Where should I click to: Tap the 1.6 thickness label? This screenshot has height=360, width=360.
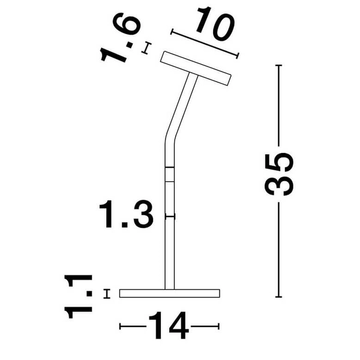[120, 40]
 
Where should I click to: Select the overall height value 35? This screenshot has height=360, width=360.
[280, 175]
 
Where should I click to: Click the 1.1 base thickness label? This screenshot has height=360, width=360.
[80, 295]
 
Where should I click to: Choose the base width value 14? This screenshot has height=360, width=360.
[169, 327]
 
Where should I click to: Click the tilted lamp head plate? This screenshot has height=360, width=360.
[196, 68]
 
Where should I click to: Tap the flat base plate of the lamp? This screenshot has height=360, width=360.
[170, 293]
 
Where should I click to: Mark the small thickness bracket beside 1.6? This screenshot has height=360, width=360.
[145, 47]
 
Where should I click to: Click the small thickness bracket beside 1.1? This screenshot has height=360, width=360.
[107, 293]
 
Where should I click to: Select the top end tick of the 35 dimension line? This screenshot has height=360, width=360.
[279, 64]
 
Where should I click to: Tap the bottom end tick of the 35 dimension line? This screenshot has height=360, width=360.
[279, 297]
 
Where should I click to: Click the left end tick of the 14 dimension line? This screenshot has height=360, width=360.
[121, 327]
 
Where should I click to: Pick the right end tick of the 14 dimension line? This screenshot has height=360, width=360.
[219, 327]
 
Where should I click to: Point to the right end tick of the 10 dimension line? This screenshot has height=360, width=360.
[238, 56]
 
